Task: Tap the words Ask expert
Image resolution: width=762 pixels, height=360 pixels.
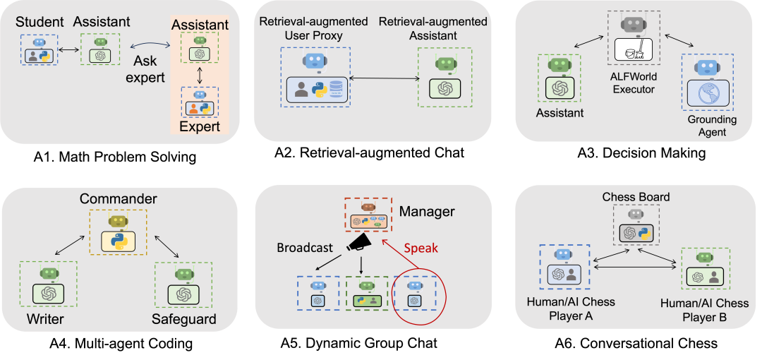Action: tap(147, 69)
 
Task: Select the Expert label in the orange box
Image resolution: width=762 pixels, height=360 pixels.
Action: tap(200, 127)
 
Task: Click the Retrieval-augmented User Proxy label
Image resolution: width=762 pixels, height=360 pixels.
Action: tap(314, 28)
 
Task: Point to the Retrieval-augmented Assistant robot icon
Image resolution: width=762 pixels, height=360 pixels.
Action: tap(445, 64)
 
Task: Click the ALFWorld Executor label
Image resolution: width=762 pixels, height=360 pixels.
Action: tap(633, 83)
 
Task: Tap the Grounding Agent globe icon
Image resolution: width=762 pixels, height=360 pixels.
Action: tap(706, 94)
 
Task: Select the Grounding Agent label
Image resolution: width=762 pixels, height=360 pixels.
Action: tap(712, 126)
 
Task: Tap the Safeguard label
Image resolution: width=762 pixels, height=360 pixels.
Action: tap(183, 320)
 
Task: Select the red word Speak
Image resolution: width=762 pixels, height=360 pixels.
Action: tap(421, 248)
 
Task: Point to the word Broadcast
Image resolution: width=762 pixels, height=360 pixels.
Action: tap(305, 248)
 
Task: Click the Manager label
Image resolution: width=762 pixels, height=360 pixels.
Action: tap(427, 211)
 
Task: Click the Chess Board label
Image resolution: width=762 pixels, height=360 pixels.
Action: tap(636, 196)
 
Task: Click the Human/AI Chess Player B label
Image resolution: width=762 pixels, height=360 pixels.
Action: tap(704, 310)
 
